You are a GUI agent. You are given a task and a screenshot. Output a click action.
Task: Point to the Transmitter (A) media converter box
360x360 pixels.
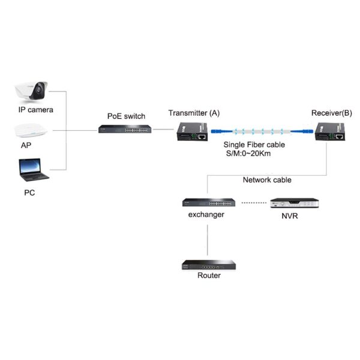pyautogui.click(x=192, y=131)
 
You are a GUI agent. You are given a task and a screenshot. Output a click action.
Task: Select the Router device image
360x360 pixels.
pyautogui.click(x=208, y=264)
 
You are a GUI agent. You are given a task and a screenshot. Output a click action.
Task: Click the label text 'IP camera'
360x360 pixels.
pyautogui.click(x=35, y=110)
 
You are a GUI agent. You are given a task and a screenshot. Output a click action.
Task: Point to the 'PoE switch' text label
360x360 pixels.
pyautogui.click(x=126, y=116)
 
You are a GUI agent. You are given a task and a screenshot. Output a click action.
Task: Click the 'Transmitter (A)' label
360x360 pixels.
pyautogui.click(x=194, y=113)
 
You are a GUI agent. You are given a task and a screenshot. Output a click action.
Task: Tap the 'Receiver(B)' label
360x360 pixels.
pyautogui.click(x=332, y=113)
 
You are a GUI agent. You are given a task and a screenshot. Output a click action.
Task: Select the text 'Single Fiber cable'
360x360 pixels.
pyautogui.click(x=254, y=145)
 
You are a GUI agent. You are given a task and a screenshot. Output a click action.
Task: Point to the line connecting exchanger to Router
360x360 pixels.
pyautogui.click(x=207, y=240)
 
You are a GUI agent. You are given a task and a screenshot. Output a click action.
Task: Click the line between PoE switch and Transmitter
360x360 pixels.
pyautogui.click(x=162, y=129)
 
